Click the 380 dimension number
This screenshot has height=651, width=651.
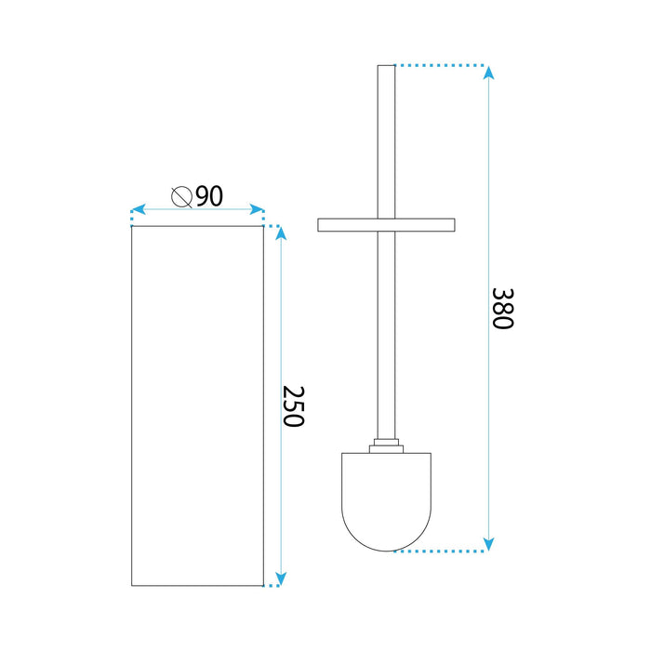tap(502, 308)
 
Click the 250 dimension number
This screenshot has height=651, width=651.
tap(294, 405)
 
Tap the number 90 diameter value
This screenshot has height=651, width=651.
tap(209, 196)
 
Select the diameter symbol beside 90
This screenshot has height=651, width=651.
tap(182, 196)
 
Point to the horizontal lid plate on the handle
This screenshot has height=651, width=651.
tap(386, 224)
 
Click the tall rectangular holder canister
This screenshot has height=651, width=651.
tap(197, 405)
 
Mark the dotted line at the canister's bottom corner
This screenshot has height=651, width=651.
tap(272, 587)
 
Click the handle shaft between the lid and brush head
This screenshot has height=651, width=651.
tap(387, 335)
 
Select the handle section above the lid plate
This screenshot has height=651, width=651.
tap(387, 139)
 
